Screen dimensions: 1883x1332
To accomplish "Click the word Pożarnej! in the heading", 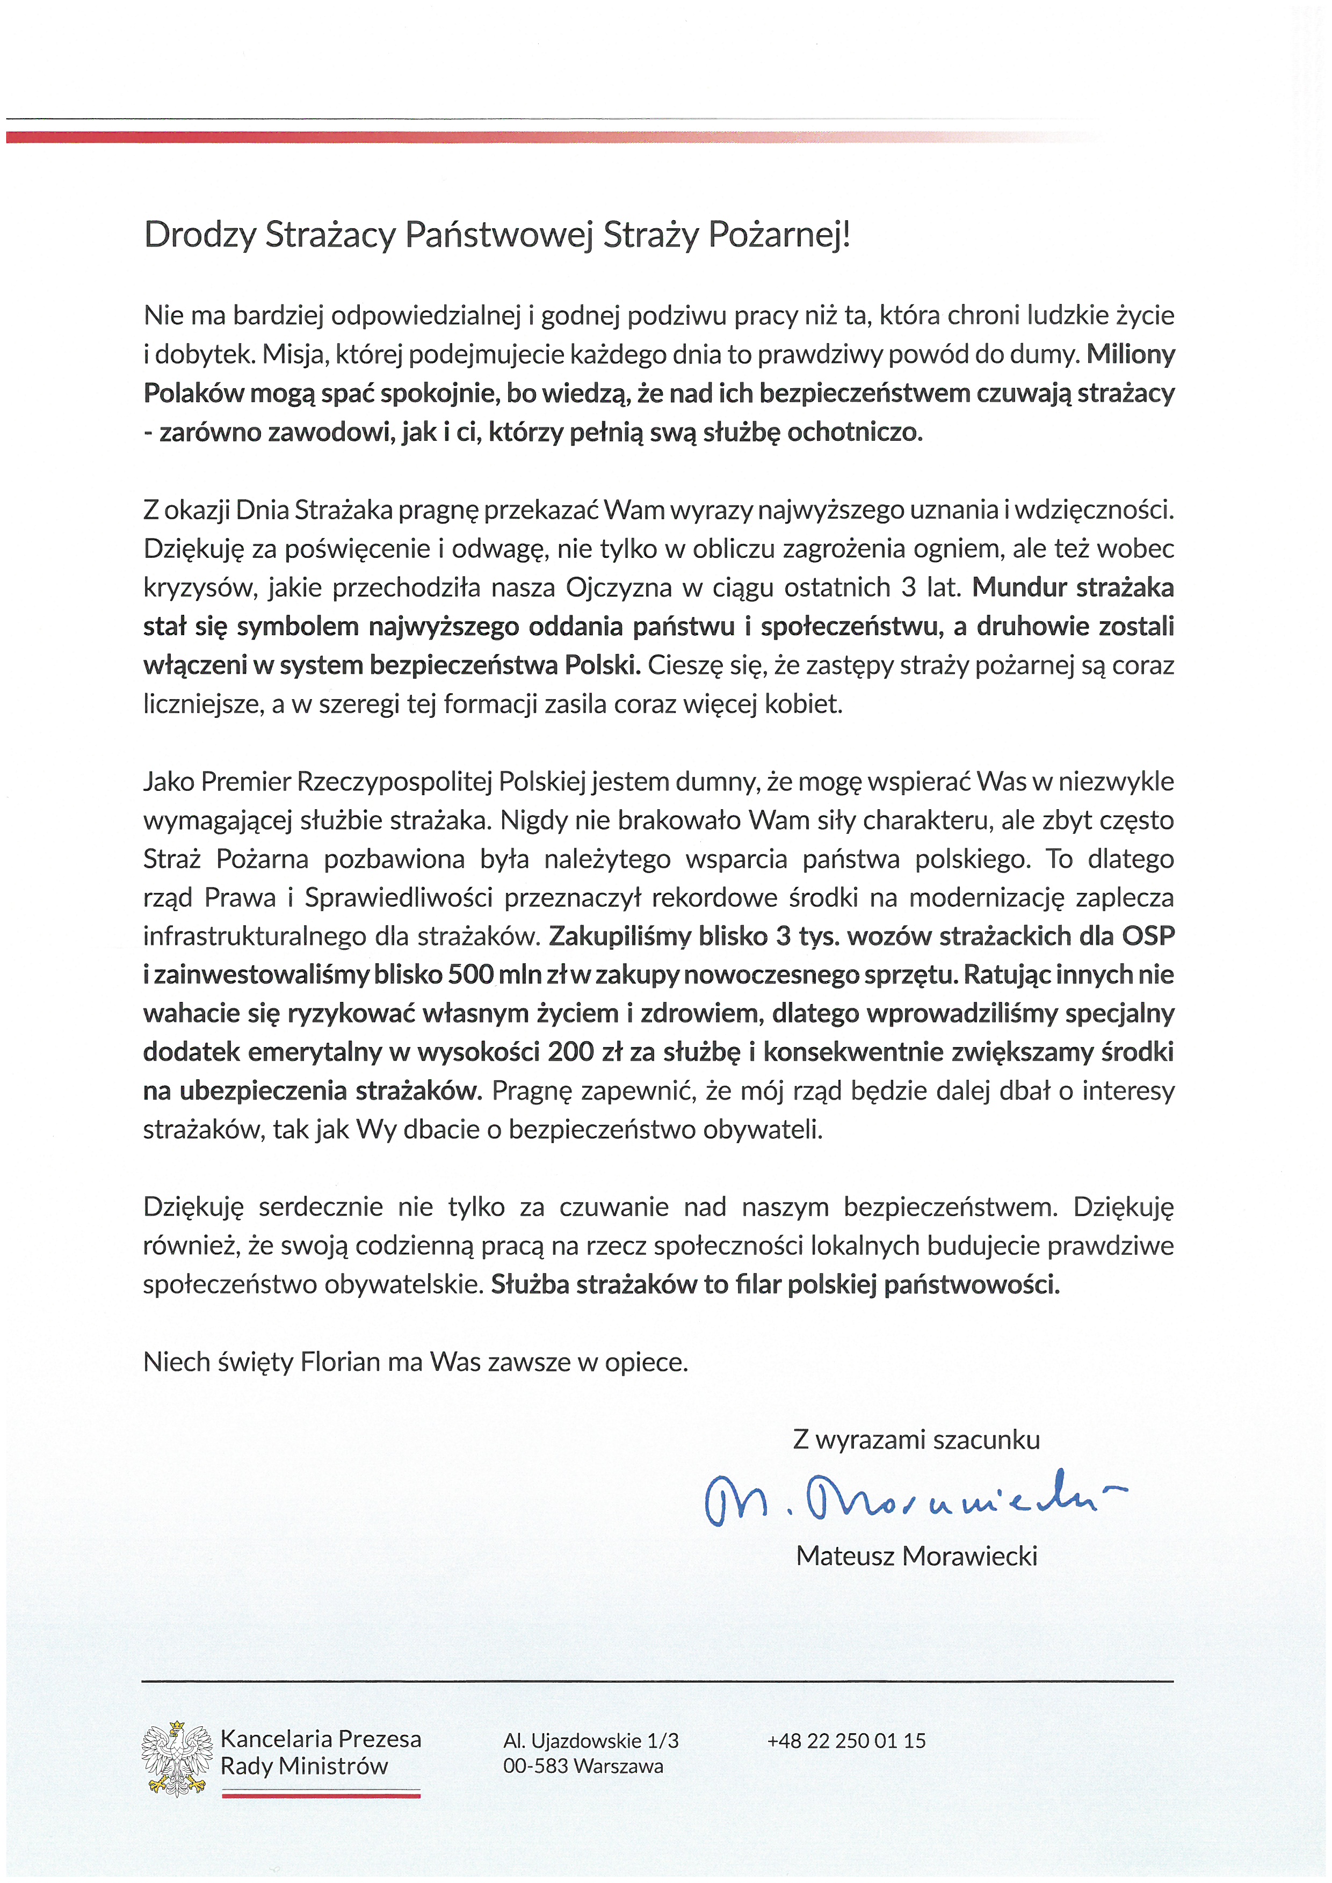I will pyautogui.click(x=779, y=235).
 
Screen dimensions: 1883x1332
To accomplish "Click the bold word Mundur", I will pyautogui.click(x=1019, y=587).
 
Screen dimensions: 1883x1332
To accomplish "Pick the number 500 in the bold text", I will pyautogui.click(x=470, y=975).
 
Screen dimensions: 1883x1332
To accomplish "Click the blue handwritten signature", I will pyautogui.click(x=910, y=1499).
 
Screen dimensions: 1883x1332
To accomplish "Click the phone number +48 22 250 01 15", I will pyautogui.click(x=845, y=1740).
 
